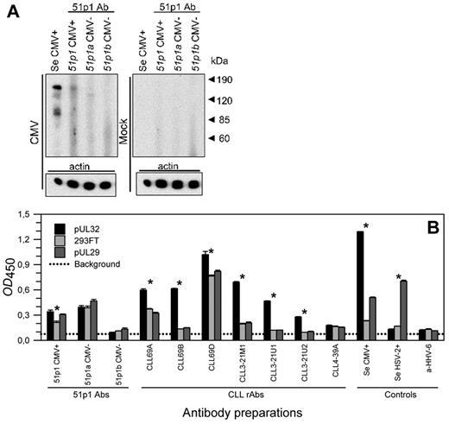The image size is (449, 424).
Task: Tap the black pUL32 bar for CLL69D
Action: coord(205,296)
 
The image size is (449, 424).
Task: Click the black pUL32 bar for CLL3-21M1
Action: coord(237,310)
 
